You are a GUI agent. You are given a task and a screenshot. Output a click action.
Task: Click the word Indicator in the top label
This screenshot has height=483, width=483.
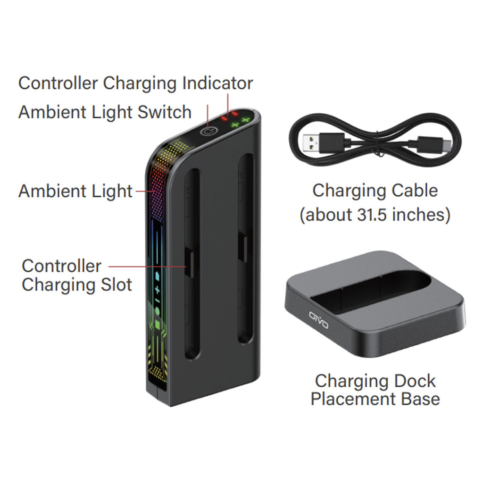[217, 83]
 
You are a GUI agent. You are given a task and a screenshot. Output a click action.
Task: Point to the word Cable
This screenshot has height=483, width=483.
[413, 191]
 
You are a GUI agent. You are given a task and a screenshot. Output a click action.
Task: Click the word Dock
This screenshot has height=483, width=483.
[414, 381]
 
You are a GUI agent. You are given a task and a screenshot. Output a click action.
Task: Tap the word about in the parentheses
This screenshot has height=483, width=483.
[326, 215]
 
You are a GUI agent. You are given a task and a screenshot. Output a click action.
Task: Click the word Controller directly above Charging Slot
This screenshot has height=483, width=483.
[61, 266]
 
